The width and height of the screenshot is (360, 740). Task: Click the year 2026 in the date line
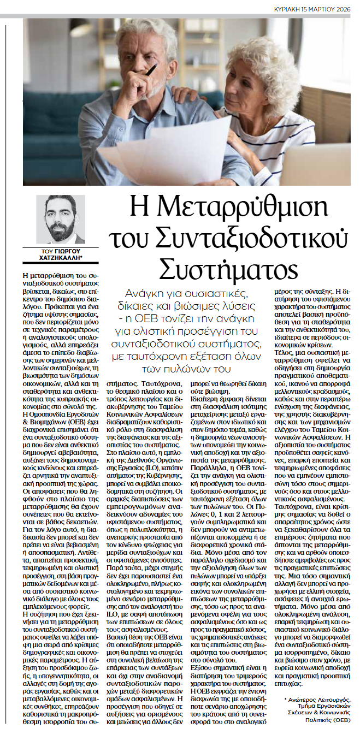coord(343,10)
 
